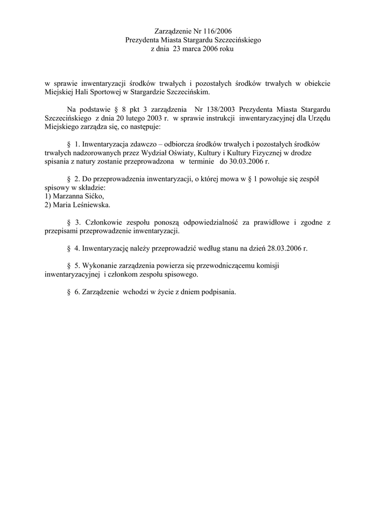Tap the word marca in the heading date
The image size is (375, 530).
[187, 49]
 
